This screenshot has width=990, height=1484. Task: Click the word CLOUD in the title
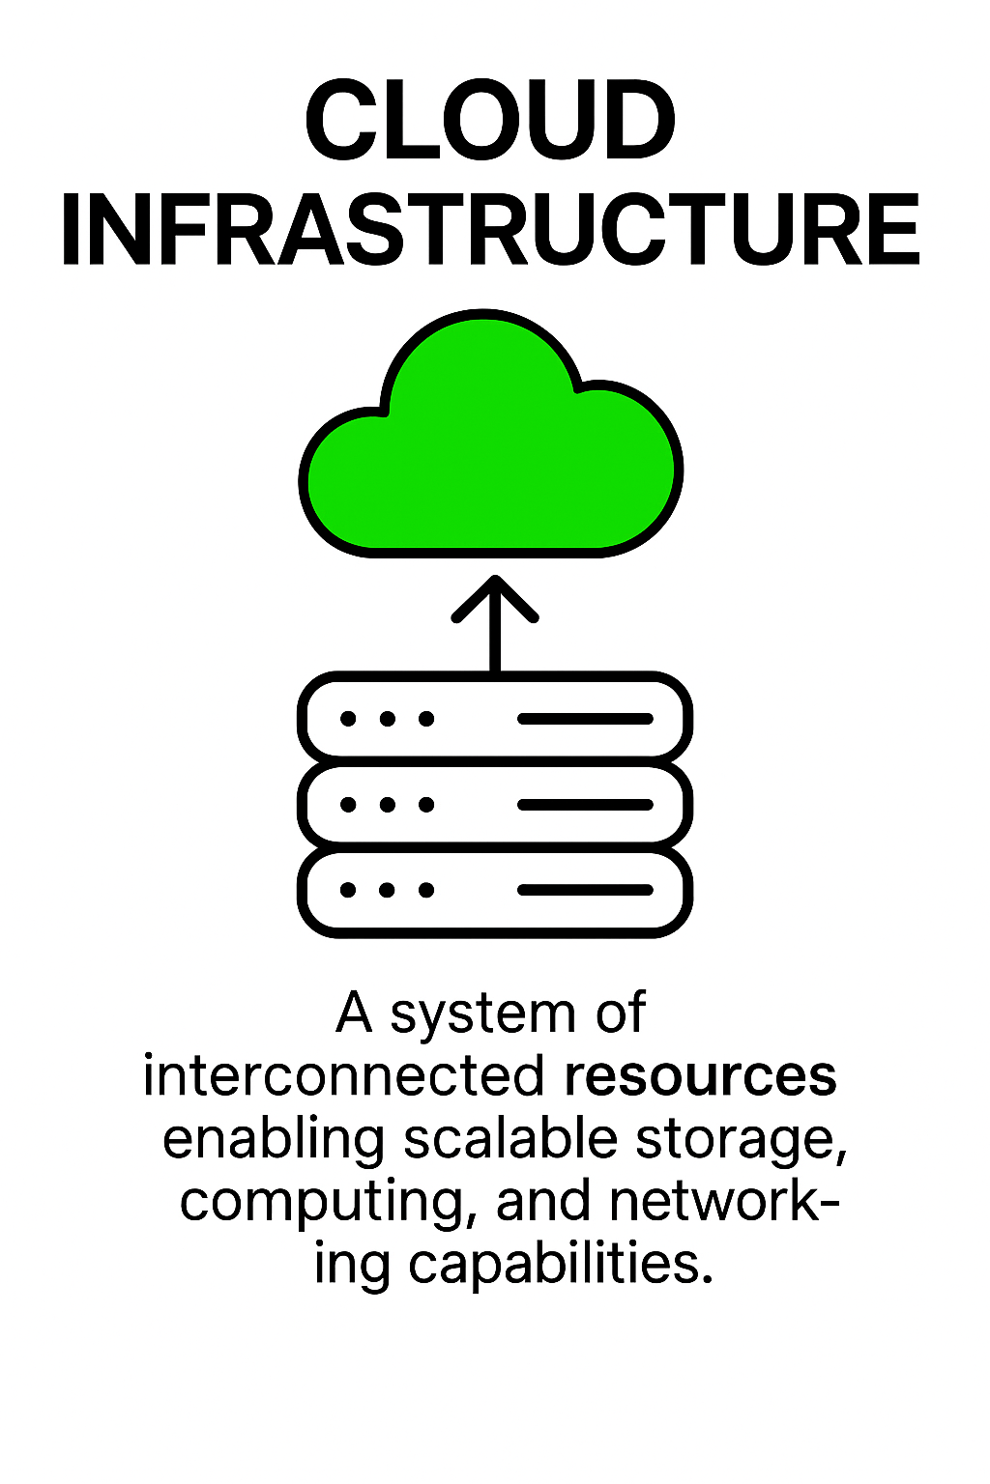pyautogui.click(x=490, y=123)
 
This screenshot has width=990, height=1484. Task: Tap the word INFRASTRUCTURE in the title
pyautogui.click(x=490, y=230)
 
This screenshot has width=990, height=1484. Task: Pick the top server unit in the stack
pyautogui.click(x=494, y=718)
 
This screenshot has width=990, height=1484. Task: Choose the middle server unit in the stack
pyautogui.click(x=494, y=804)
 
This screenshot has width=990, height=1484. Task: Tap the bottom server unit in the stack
pyautogui.click(x=494, y=890)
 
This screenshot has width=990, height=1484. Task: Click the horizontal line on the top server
pyautogui.click(x=586, y=719)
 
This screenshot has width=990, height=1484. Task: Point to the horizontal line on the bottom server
pyautogui.click(x=586, y=890)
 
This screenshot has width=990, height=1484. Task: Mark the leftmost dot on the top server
pyautogui.click(x=348, y=719)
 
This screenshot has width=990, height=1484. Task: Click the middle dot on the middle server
pyautogui.click(x=388, y=804)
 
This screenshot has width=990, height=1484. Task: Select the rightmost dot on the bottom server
pyautogui.click(x=426, y=890)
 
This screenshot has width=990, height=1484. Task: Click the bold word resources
pyautogui.click(x=700, y=1075)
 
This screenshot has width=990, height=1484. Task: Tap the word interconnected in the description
pyautogui.click(x=344, y=1075)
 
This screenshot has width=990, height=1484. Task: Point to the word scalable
pyautogui.click(x=510, y=1138)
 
